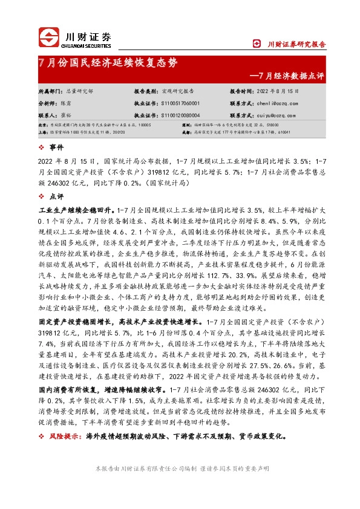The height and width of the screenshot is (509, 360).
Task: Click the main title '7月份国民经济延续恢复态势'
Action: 108,62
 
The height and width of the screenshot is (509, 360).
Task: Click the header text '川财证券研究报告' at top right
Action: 296,44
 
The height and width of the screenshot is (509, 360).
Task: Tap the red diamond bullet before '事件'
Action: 41,147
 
